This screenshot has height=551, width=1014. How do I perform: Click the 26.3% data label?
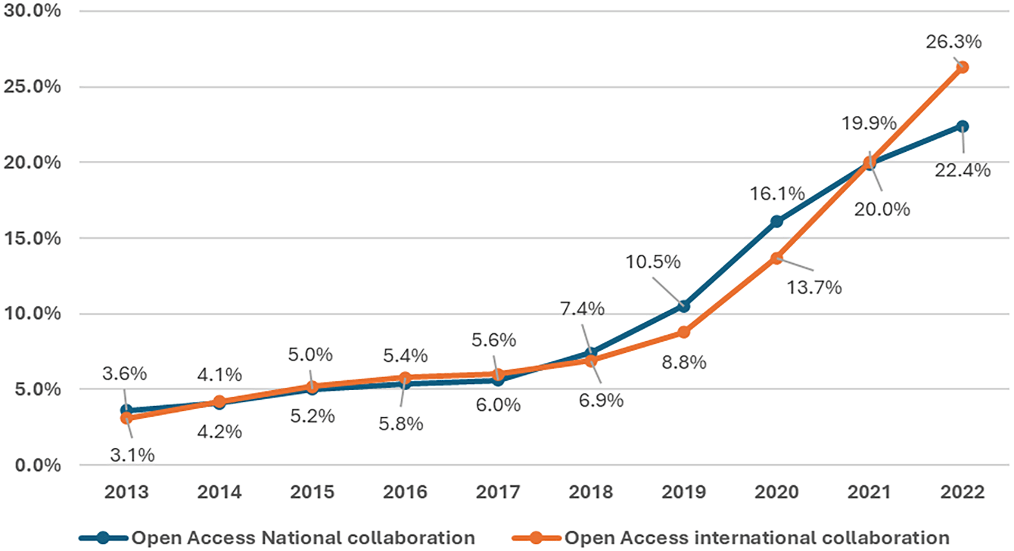click(x=953, y=42)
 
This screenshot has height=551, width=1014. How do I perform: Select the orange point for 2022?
click(x=963, y=67)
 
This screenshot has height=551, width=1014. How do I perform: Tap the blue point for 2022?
click(x=963, y=127)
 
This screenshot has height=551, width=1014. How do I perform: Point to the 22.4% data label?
click(x=963, y=170)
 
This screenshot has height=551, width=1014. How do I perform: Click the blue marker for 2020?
click(x=777, y=222)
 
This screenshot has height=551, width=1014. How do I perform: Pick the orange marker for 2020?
click(x=777, y=258)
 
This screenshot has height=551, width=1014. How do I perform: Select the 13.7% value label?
click(x=814, y=288)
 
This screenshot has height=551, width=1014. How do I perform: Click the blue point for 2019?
click(x=684, y=306)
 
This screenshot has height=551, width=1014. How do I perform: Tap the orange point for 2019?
click(x=684, y=332)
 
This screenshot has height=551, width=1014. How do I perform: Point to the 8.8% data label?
click(x=684, y=362)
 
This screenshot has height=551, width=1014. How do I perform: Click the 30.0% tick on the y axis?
click(x=32, y=11)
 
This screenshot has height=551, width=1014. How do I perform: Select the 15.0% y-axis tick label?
click(x=32, y=238)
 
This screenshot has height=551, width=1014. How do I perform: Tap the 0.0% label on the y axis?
click(x=37, y=465)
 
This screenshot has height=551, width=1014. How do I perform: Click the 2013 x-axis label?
click(x=126, y=492)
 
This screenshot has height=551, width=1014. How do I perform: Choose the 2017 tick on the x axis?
click(x=498, y=492)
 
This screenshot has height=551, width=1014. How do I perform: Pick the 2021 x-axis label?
click(x=869, y=492)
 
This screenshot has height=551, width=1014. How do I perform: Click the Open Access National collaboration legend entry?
click(x=303, y=538)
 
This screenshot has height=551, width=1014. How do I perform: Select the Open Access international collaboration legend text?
click(x=757, y=538)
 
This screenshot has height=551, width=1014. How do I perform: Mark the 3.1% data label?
click(x=132, y=455)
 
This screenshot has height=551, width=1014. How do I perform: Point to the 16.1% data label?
click(x=777, y=194)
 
